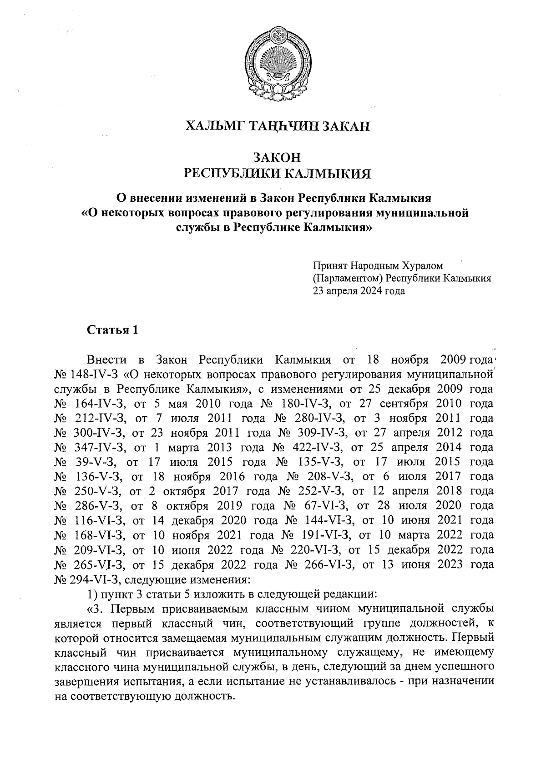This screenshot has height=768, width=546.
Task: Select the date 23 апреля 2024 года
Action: (x=359, y=291)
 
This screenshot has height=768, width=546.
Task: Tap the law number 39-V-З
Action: (x=96, y=462)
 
